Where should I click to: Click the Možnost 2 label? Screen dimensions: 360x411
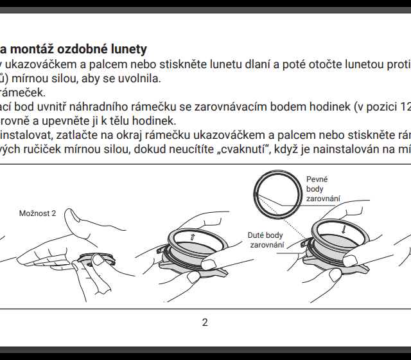tap(37, 212)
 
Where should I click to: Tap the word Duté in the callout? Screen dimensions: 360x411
tap(256, 235)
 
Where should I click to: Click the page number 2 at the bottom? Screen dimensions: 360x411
tap(205, 322)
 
